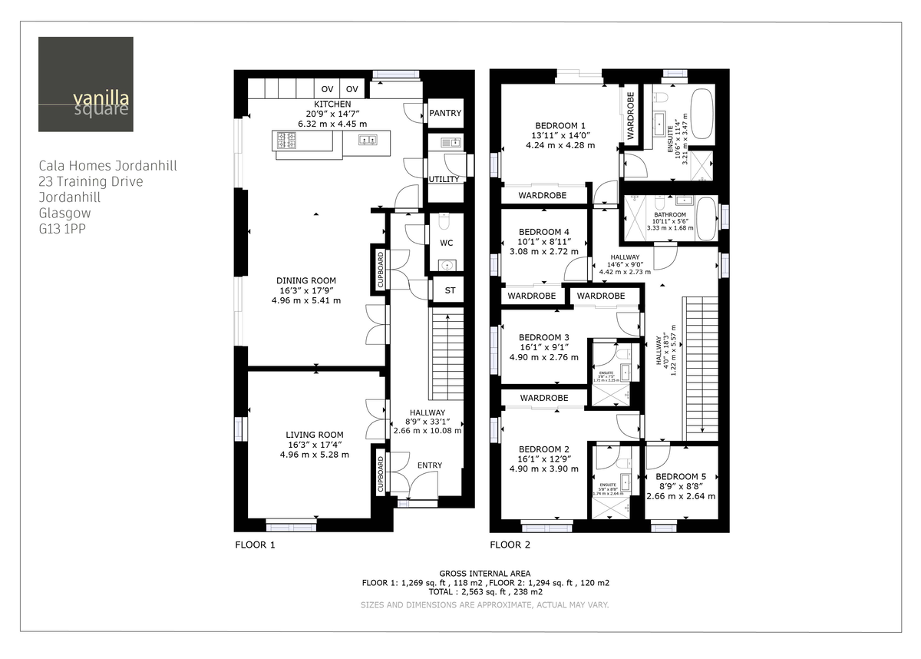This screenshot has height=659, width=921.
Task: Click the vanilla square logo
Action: click(x=85, y=84)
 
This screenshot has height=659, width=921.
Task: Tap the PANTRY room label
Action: click(x=445, y=113)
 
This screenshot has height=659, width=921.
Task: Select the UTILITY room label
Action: click(x=444, y=180)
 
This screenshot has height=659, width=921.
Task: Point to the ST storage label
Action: click(x=450, y=290)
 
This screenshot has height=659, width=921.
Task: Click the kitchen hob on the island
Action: click(x=287, y=141)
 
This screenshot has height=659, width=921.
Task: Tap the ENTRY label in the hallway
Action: click(x=430, y=465)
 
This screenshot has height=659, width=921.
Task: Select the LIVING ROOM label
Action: click(x=315, y=435)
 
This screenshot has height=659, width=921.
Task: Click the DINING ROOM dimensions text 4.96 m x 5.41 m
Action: click(x=306, y=300)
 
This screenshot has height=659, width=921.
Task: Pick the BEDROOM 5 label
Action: click(x=681, y=476)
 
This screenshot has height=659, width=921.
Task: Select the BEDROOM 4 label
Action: click(x=544, y=232)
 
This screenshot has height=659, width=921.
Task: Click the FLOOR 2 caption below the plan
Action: click(x=510, y=545)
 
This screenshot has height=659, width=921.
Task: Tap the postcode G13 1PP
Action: click(x=63, y=228)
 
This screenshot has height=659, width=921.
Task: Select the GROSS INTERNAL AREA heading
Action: click(x=485, y=574)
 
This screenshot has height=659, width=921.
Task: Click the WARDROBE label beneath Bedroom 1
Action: click(x=542, y=196)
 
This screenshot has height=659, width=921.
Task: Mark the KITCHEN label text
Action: click(x=332, y=104)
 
